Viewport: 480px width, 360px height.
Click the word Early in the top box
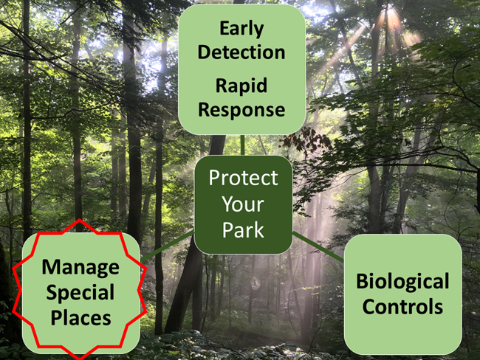[241, 28]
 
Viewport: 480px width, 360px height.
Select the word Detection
[241, 52]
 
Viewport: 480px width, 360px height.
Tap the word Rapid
[241, 86]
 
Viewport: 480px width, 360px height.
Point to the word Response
[241, 110]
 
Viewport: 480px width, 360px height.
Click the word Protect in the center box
[243, 178]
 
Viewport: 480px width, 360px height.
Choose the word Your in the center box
[243, 204]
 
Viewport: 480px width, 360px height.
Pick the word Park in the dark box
[243, 230]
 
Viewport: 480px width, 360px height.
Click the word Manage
[80, 266]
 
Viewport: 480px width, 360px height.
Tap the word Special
[80, 292]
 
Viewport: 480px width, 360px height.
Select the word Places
[80, 318]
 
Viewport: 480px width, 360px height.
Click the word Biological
[402, 281]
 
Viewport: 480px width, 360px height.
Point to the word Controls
[402, 306]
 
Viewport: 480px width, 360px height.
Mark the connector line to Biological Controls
[318, 246]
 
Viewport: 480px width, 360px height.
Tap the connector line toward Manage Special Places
[168, 244]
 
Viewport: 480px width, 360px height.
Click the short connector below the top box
[242, 145]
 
